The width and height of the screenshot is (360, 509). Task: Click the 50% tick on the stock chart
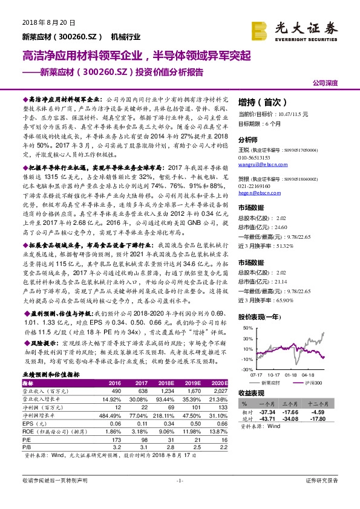(x=247, y=328)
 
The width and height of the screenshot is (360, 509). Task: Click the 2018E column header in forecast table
(x=167, y=383)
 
